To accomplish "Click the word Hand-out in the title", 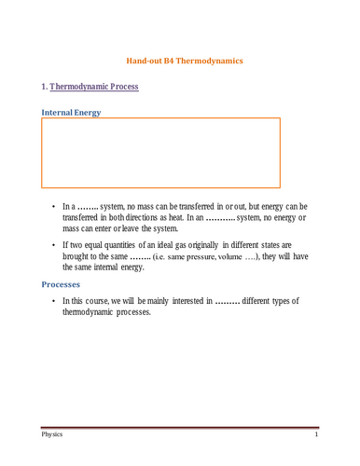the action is coord(145,61).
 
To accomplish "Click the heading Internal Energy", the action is coord(72,113).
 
